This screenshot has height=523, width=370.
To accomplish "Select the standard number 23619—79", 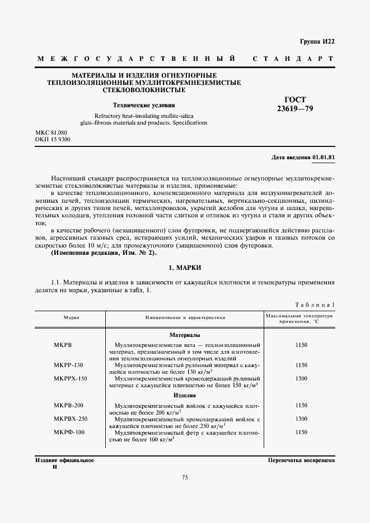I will [x=296, y=108].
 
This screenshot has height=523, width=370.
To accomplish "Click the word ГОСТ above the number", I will [x=296, y=99].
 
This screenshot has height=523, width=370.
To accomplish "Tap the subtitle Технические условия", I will [x=144, y=104].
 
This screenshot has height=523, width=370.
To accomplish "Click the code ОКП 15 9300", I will [x=53, y=139].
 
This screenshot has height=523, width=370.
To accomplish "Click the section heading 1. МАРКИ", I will [x=185, y=268].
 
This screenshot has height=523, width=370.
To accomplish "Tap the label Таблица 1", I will [x=314, y=305].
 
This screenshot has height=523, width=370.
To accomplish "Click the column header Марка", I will [x=71, y=317].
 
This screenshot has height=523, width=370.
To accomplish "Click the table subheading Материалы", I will [x=185, y=335].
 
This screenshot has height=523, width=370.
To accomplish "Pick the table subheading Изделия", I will [x=185, y=396].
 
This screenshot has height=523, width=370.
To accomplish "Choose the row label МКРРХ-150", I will [x=71, y=378].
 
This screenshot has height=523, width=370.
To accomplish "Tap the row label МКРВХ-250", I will [x=71, y=419].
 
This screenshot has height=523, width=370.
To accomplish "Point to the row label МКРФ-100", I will [x=69, y=432].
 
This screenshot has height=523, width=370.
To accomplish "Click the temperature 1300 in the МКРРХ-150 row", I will [x=301, y=378].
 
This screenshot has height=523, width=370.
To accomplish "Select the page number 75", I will [x=185, y=477].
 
